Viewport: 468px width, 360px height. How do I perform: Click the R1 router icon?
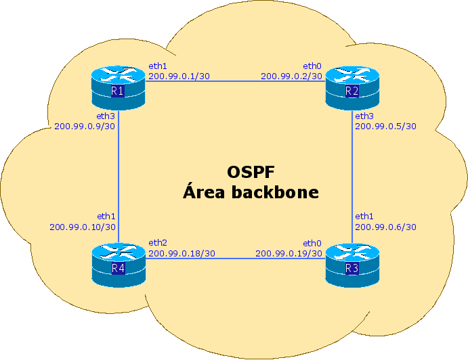119,88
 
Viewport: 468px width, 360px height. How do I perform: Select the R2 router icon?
352,88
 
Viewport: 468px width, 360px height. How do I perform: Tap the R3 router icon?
352,265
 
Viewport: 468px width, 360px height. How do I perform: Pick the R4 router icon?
119,265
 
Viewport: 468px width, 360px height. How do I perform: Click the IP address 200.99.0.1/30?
179,76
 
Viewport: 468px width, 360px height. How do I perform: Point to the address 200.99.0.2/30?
292,76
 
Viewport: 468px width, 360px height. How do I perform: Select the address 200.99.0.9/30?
85,126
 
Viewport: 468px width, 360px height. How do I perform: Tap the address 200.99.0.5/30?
385,126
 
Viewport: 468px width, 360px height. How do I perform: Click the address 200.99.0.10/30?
83,227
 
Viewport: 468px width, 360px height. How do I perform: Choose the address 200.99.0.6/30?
385,227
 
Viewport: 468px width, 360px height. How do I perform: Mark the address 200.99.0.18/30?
182,253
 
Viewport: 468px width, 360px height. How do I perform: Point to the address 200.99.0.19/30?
289,253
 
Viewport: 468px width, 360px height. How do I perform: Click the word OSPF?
251,172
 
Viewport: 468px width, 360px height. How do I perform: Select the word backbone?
275,192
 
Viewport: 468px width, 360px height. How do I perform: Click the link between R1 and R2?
235,81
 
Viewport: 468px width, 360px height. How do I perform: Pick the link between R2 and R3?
352,177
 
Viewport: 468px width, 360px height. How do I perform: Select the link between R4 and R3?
236,258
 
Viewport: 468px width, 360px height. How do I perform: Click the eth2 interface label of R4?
158,243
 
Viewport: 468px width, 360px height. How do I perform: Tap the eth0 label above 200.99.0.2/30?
312,66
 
